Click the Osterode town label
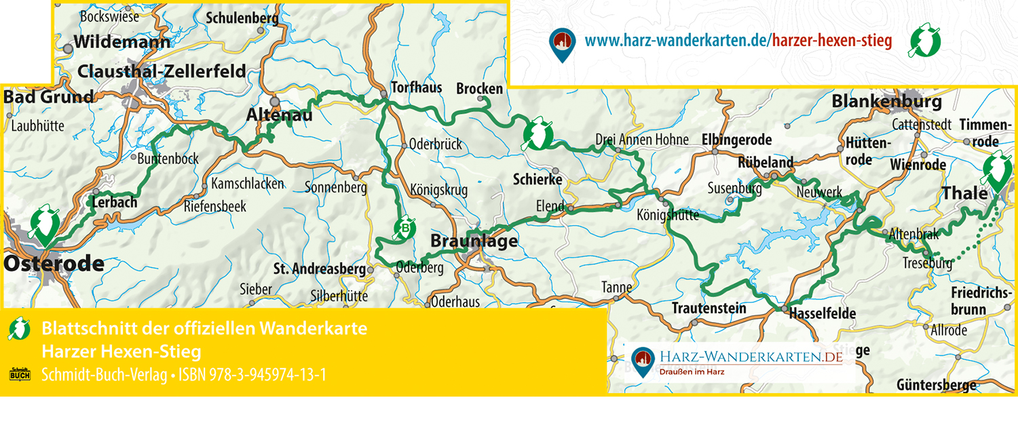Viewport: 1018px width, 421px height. (x=54, y=264)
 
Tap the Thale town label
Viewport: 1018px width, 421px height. (x=964, y=193)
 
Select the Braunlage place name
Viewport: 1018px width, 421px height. (x=474, y=241)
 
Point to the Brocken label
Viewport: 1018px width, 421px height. (x=480, y=89)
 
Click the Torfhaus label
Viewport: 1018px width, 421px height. (x=416, y=87)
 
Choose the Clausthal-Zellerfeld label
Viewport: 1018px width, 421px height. (x=162, y=72)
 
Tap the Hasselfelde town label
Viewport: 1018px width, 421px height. (x=823, y=313)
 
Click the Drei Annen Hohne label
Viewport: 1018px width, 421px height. (x=641, y=140)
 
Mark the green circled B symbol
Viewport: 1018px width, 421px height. (x=405, y=228)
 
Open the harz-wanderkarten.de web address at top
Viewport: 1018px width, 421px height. (x=738, y=41)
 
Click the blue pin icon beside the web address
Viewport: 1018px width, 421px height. (x=561, y=44)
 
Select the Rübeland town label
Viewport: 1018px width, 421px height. (x=766, y=163)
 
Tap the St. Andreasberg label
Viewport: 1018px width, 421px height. (x=319, y=269)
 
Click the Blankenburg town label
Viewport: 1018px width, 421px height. (x=886, y=102)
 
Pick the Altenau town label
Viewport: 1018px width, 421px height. (x=279, y=116)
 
